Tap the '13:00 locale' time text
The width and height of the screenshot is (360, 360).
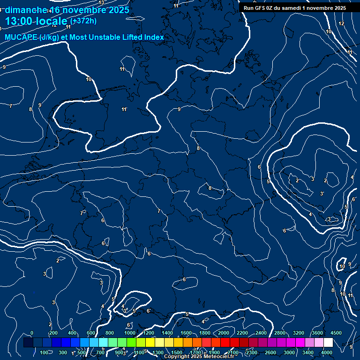[36, 21]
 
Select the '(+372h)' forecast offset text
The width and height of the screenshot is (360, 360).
[83, 21]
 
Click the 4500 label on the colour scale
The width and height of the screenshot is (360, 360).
[336, 333]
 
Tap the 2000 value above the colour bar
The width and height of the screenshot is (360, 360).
[224, 333]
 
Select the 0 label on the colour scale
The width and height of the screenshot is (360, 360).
[32, 333]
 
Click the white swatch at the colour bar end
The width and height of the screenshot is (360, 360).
[328, 343]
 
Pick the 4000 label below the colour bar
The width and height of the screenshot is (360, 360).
[327, 352]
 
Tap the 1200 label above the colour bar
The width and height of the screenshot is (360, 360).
[149, 333]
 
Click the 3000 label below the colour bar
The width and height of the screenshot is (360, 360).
[289, 352]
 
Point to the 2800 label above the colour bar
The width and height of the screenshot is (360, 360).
[280, 333]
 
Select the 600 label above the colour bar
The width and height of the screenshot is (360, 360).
[91, 333]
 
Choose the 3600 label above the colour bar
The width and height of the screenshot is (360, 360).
[317, 333]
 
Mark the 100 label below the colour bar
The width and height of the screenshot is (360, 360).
[45, 352]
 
